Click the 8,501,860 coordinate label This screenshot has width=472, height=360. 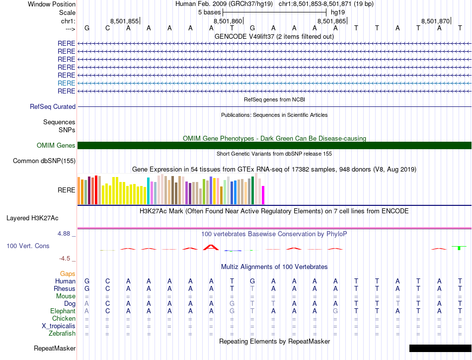click(228, 21)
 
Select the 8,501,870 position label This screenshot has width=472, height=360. click(435, 21)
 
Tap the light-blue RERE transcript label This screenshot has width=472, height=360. click(67, 83)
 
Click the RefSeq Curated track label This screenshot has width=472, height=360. click(53, 106)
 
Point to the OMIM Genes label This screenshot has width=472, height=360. click(56, 146)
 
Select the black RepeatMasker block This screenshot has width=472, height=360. click(440, 348)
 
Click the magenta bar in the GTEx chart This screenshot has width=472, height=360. click(263, 195)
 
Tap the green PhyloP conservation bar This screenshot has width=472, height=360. click(460, 248)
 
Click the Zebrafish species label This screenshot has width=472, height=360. click(61, 333)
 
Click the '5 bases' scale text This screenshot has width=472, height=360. click(209, 12)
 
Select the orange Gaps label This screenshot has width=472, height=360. click(68, 273)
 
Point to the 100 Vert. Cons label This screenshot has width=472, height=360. click(28, 246)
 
